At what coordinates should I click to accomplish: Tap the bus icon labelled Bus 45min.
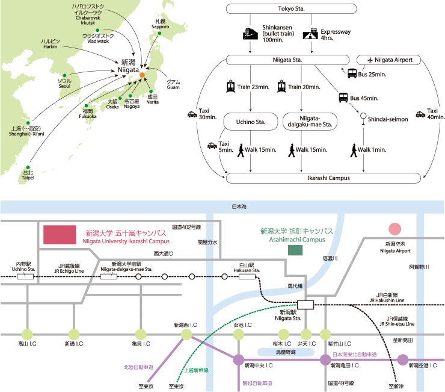point(343,97)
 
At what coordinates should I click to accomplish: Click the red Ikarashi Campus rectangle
point(60,235)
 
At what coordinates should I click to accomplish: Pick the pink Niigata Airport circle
point(394,229)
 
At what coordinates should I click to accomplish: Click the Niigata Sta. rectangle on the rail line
point(305,304)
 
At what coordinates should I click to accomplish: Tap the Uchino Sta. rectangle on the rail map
point(25,276)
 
